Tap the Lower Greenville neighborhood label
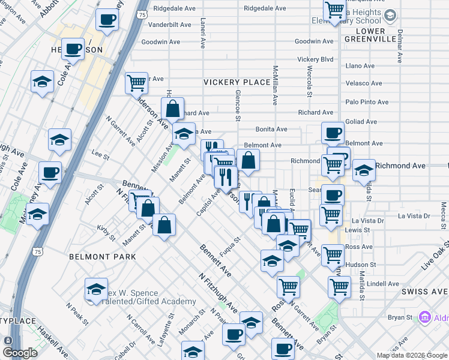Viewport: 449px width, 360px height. (x=369, y=35)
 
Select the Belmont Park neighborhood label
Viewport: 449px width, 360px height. (x=102, y=257)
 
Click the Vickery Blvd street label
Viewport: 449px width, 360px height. (x=315, y=59)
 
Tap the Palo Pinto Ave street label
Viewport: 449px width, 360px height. (x=367, y=102)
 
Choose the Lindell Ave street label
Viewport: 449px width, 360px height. (x=382, y=284)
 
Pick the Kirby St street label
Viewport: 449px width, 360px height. (x=106, y=233)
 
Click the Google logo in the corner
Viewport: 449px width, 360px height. (x=20, y=353)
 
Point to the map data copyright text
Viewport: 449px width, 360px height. (x=412, y=355)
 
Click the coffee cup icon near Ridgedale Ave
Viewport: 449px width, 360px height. (x=107, y=20)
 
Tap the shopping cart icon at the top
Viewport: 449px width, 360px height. (x=335, y=10)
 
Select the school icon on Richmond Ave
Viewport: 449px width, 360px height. (x=363, y=170)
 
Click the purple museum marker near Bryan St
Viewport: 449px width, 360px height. (x=425, y=316)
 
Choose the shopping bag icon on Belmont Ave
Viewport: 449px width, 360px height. (x=247, y=160)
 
